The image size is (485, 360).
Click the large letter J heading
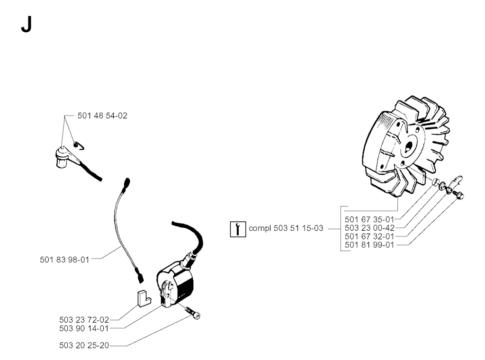pyautogui.click(x=27, y=24)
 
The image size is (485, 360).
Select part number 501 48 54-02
pyautogui.click(x=102, y=116)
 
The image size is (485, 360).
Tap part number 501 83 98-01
pyautogui.click(x=64, y=260)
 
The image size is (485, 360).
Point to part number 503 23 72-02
pyautogui.click(x=84, y=320)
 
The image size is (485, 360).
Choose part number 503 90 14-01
pyautogui.click(x=84, y=328)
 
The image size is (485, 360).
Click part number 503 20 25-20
pyautogui.click(x=84, y=345)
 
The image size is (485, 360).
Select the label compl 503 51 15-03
pyautogui.click(x=286, y=228)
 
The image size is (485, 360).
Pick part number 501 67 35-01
pyautogui.click(x=369, y=220)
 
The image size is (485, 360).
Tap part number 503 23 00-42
pyautogui.click(x=369, y=228)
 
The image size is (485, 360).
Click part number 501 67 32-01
pyautogui.click(x=369, y=236)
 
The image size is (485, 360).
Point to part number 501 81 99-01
pyautogui.click(x=369, y=245)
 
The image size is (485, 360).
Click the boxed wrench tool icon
pyautogui.click(x=238, y=229)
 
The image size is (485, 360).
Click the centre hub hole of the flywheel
pyautogui.click(x=409, y=146)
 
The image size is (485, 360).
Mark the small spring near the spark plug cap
pyautogui.click(x=79, y=145)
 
